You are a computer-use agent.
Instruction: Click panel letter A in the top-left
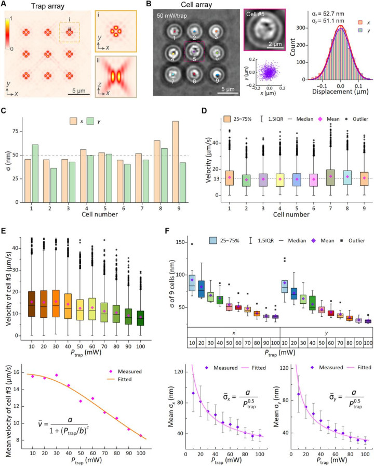(6, 5)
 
